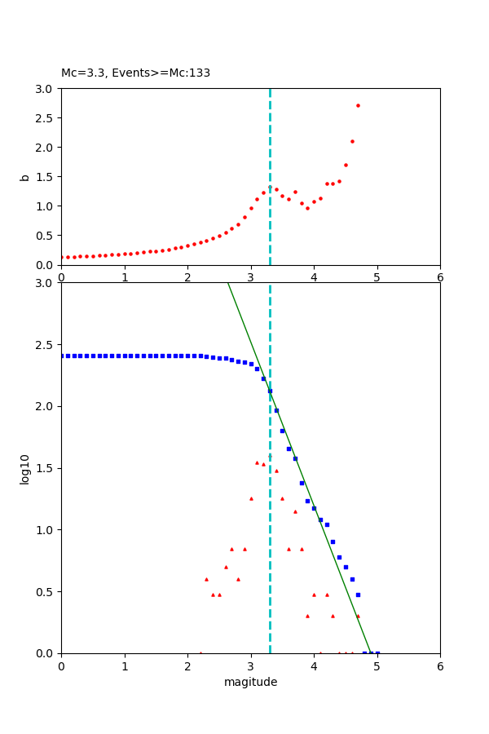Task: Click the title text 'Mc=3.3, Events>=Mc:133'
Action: pyautogui.click(x=135, y=73)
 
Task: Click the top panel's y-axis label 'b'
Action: pyautogui.click(x=24, y=176)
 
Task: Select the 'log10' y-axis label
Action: pyautogui.click(x=24, y=468)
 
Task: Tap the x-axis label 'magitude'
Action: pyautogui.click(x=250, y=682)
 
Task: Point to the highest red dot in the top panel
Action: pyautogui.click(x=358, y=105)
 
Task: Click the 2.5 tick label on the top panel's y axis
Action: pyautogui.click(x=46, y=118)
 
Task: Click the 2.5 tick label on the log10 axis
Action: pyautogui.click(x=46, y=345)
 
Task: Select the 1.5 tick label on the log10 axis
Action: pyautogui.click(x=46, y=468)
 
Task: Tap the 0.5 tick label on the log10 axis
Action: pyautogui.click(x=46, y=592)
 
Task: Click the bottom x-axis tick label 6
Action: pyautogui.click(x=440, y=666)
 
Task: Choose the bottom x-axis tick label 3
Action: pyautogui.click(x=250, y=666)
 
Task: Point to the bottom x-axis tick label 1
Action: pyautogui.click(x=124, y=666)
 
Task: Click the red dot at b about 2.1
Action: pyautogui.click(x=352, y=141)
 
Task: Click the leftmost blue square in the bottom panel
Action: pyautogui.click(x=62, y=356)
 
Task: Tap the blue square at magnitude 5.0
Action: pyautogui.click(x=377, y=652)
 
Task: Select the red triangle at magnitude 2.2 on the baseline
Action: pyautogui.click(x=200, y=652)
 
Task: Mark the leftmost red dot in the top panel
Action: pyautogui.click(x=62, y=257)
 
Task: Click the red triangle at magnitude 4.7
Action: pyautogui.click(x=358, y=616)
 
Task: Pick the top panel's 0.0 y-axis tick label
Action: pyautogui.click(x=46, y=265)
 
